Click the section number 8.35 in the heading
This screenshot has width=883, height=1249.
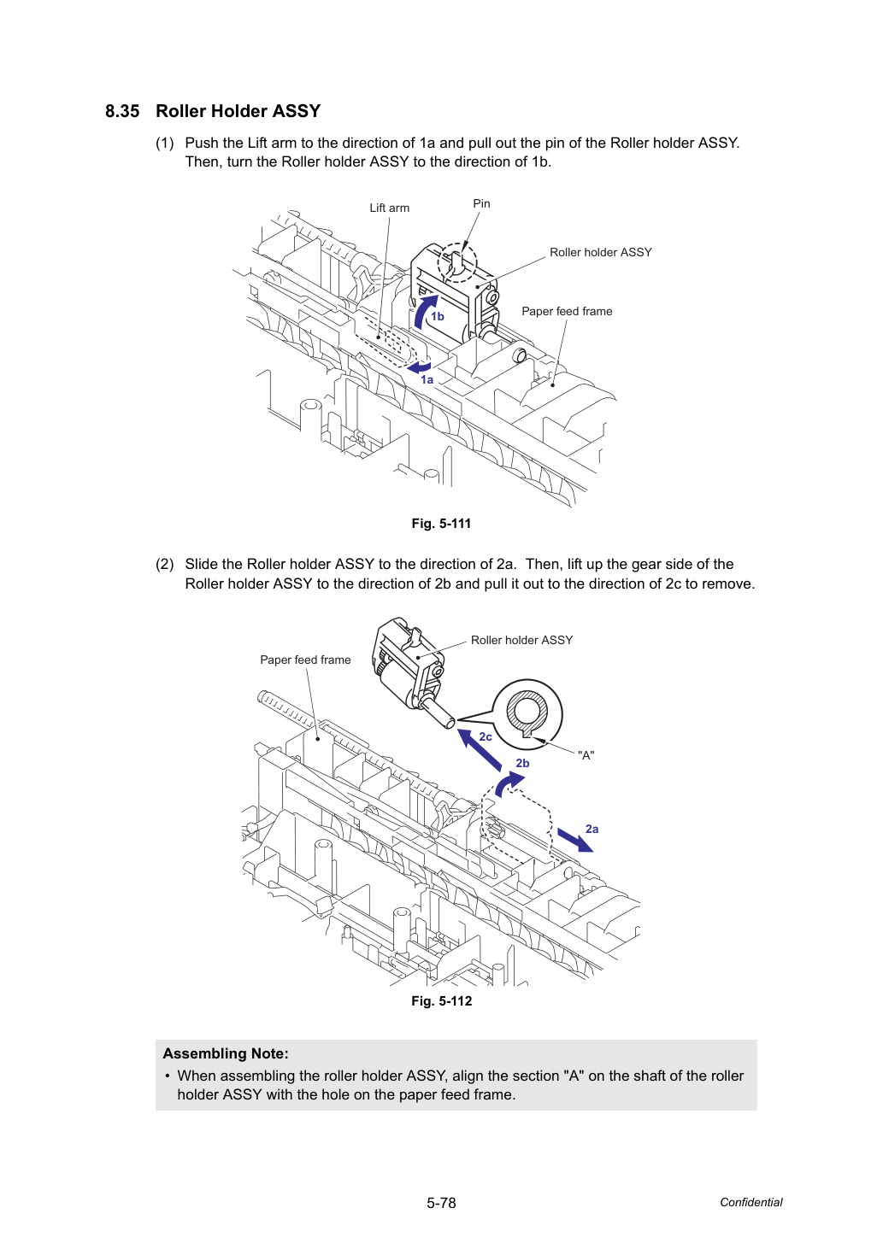[x=122, y=111]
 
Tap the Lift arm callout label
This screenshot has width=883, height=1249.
[x=389, y=208]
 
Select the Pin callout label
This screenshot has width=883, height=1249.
[x=481, y=203]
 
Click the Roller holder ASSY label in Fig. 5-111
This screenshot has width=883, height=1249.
[x=601, y=252]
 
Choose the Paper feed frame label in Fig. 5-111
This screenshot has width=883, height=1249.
[x=567, y=311]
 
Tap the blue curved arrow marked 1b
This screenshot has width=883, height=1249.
[x=424, y=312]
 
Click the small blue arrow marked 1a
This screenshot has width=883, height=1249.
[x=419, y=367]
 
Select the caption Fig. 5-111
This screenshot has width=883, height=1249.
[x=441, y=524]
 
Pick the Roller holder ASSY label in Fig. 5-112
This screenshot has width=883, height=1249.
[x=521, y=640]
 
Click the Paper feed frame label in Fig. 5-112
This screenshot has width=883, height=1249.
[x=305, y=660]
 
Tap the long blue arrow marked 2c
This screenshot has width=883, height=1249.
[x=479, y=749]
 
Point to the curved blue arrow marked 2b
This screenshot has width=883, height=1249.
[x=507, y=783]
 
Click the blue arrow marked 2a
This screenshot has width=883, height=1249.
[x=575, y=841]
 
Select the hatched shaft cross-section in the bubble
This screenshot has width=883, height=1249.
[x=527, y=712]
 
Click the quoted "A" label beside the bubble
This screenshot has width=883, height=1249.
[x=586, y=755]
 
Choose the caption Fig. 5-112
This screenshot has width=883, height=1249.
[x=441, y=1001]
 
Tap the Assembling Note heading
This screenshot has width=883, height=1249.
[x=226, y=1053]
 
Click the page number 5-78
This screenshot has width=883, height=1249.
[x=441, y=1203]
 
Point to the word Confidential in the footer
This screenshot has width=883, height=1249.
[x=751, y=1202]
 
